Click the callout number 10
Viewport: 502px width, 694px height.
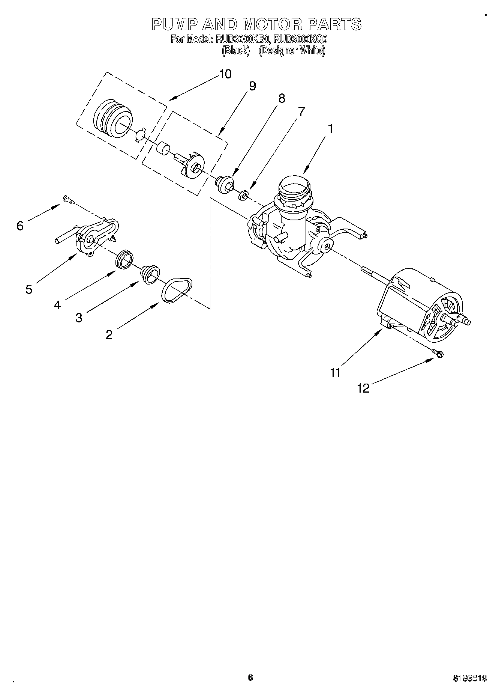coord(225,74)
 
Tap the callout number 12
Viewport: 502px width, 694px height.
coord(363,388)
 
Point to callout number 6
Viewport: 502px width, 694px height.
coord(20,226)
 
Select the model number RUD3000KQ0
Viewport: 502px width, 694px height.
coord(301,39)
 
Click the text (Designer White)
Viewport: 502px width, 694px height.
coord(292,50)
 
